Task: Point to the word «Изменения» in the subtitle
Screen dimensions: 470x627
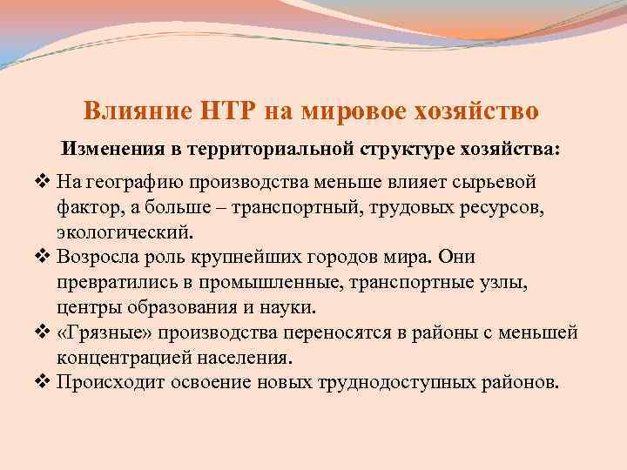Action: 111,149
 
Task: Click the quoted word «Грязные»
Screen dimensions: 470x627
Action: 97,333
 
